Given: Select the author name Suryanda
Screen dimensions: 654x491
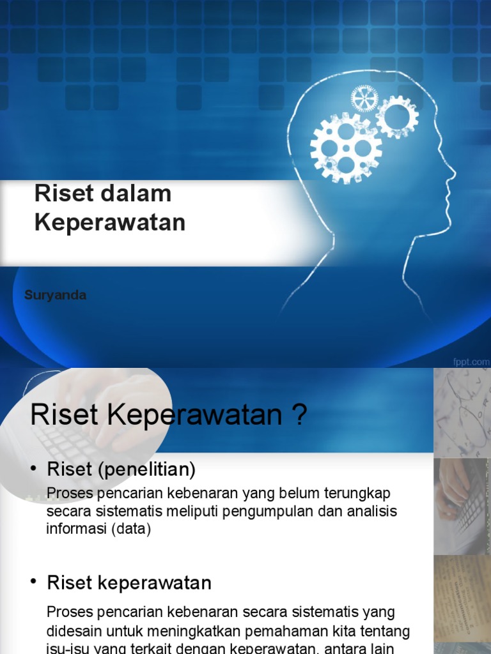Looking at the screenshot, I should click(x=55, y=295).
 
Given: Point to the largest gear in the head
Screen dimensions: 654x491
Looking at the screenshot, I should click(x=346, y=148).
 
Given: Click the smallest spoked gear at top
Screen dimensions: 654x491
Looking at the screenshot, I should click(x=364, y=99).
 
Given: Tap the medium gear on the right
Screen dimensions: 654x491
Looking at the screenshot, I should click(x=397, y=117).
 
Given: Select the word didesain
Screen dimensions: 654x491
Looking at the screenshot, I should click(x=72, y=631).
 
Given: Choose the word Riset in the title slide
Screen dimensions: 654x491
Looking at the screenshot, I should click(x=58, y=194).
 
